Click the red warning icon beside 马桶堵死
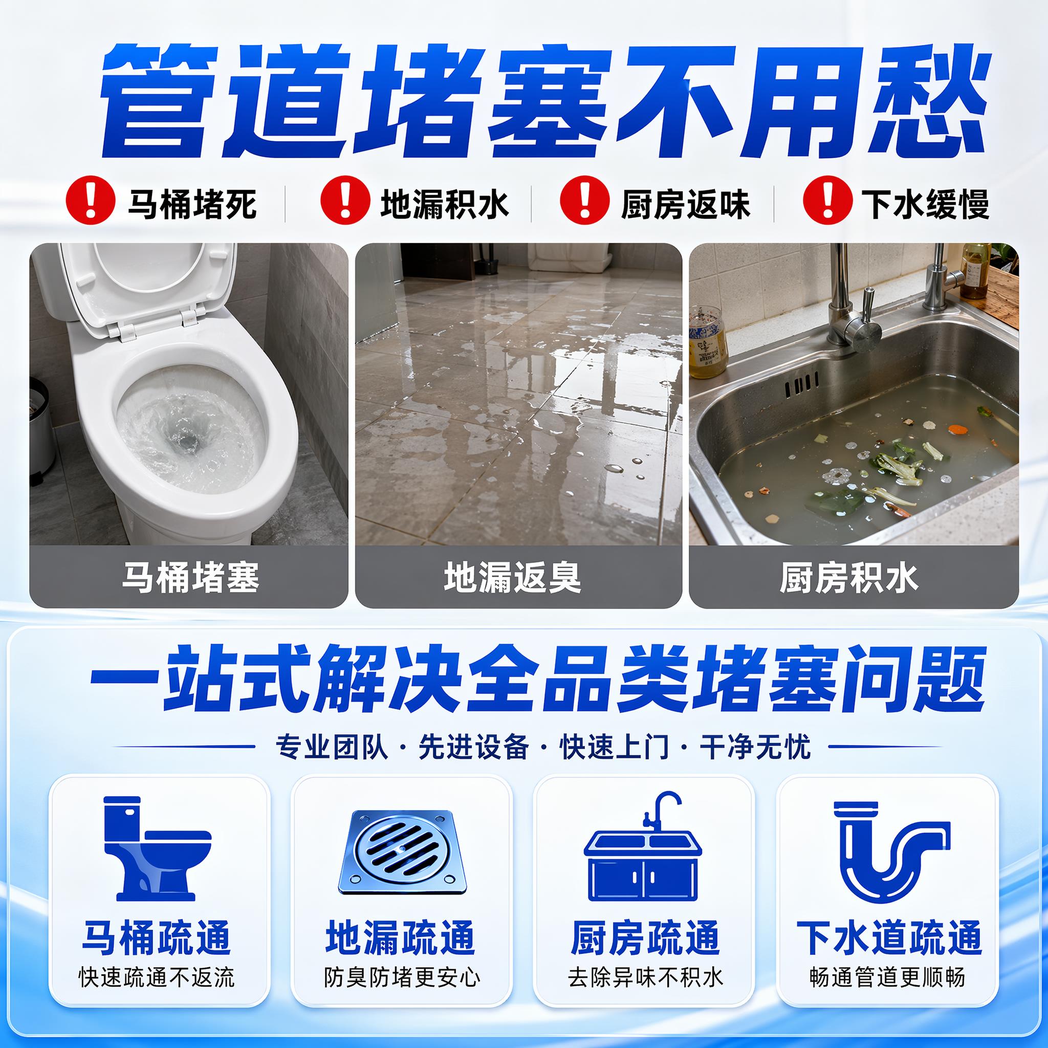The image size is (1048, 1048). click(x=91, y=199)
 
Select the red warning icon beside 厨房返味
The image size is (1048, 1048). click(x=585, y=199)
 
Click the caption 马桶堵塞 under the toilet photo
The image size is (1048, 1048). click(x=190, y=577)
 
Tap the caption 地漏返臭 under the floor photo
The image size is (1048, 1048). click(x=513, y=577)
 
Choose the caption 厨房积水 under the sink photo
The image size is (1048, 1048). click(x=849, y=577)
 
